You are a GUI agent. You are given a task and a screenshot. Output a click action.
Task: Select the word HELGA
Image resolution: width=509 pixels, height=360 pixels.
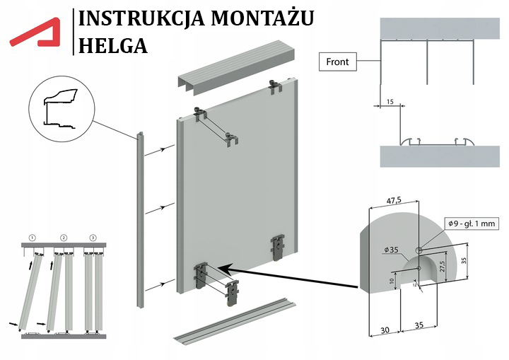point(114,45)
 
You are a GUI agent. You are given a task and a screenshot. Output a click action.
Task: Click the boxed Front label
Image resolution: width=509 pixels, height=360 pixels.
point(337,62)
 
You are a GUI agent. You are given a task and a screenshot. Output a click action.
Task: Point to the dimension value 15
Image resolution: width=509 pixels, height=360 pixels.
point(390,102)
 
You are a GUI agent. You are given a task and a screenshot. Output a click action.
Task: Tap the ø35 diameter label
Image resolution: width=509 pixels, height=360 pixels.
point(392,250)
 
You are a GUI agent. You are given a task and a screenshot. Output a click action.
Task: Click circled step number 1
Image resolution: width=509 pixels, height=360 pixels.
point(32,236)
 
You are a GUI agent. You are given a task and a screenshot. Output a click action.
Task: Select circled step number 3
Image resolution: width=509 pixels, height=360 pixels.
point(93,236)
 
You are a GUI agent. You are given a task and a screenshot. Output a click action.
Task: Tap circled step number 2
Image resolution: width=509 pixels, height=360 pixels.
point(63,236)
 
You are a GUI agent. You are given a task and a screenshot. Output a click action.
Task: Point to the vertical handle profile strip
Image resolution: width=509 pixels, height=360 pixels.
point(140,219)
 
